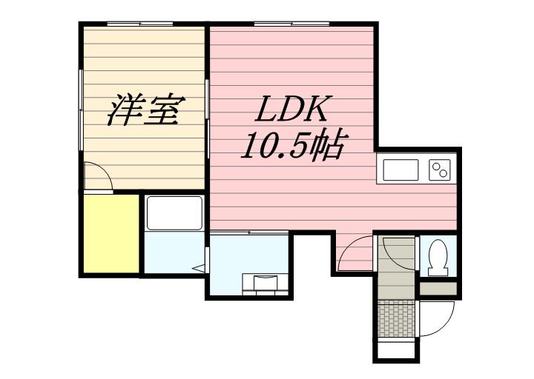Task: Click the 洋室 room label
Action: [x=145, y=110]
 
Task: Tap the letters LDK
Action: [x=292, y=110]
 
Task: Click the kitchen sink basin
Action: [x=400, y=170]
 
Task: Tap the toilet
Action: [x=438, y=255]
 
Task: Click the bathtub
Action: [x=174, y=213]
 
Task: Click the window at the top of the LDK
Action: [x=291, y=24]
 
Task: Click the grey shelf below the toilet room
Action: [x=438, y=288]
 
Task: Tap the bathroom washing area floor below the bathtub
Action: [x=172, y=253]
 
